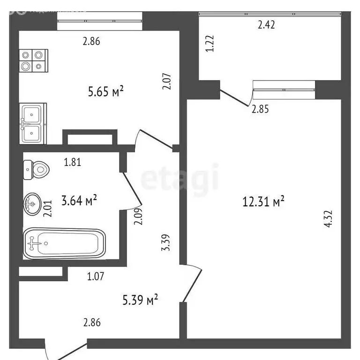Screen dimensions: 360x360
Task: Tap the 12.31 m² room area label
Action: click(264, 202)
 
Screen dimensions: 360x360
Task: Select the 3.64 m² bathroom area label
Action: click(79, 202)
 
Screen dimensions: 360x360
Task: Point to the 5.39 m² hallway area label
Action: click(140, 298)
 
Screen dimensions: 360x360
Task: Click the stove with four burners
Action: click(33, 60)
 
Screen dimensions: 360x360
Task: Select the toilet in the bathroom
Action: click(35, 169)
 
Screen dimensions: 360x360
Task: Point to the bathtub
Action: click(64, 243)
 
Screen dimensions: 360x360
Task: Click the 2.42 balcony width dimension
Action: click(266, 25)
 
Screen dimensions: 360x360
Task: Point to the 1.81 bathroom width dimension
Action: click(73, 163)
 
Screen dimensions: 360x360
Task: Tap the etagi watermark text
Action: click(180, 177)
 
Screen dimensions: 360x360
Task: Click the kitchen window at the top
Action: click(99, 21)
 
